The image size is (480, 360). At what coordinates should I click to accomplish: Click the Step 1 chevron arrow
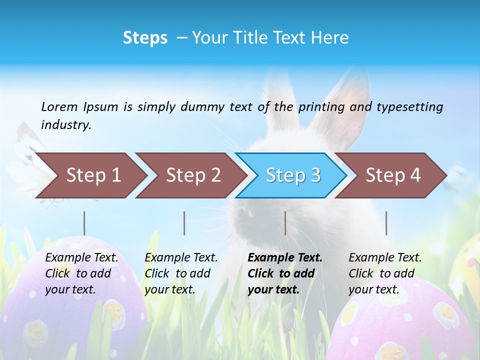[92, 175]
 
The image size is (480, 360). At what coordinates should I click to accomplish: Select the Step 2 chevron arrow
[192, 175]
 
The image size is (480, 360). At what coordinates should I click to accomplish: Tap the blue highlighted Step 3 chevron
[292, 175]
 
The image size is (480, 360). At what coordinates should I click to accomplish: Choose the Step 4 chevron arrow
[392, 175]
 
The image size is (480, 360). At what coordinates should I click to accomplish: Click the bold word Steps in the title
[145, 38]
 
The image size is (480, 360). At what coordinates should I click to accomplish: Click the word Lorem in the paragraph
[59, 106]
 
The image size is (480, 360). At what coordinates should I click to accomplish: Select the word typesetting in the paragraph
[409, 106]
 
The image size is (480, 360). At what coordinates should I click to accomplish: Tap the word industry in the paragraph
[66, 125]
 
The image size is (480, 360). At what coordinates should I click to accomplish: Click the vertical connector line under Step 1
[84, 223]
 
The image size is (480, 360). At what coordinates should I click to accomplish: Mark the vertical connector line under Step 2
[184, 223]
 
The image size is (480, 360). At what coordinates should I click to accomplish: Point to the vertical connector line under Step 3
[285, 223]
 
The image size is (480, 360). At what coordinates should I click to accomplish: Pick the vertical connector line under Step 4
[386, 223]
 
